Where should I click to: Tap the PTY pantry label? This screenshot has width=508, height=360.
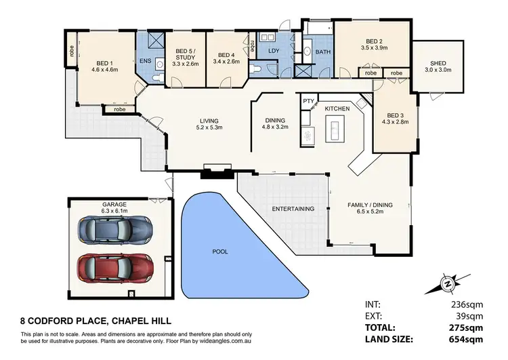coord(308,102)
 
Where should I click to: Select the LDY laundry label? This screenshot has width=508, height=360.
coord(274,51)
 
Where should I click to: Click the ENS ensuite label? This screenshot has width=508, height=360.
coord(145,61)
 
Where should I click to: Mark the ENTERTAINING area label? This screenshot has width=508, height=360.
coord(293,209)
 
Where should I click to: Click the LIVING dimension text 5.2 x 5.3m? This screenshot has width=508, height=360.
coord(209,127)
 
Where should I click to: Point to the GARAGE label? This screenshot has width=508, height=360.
coord(114,203)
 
